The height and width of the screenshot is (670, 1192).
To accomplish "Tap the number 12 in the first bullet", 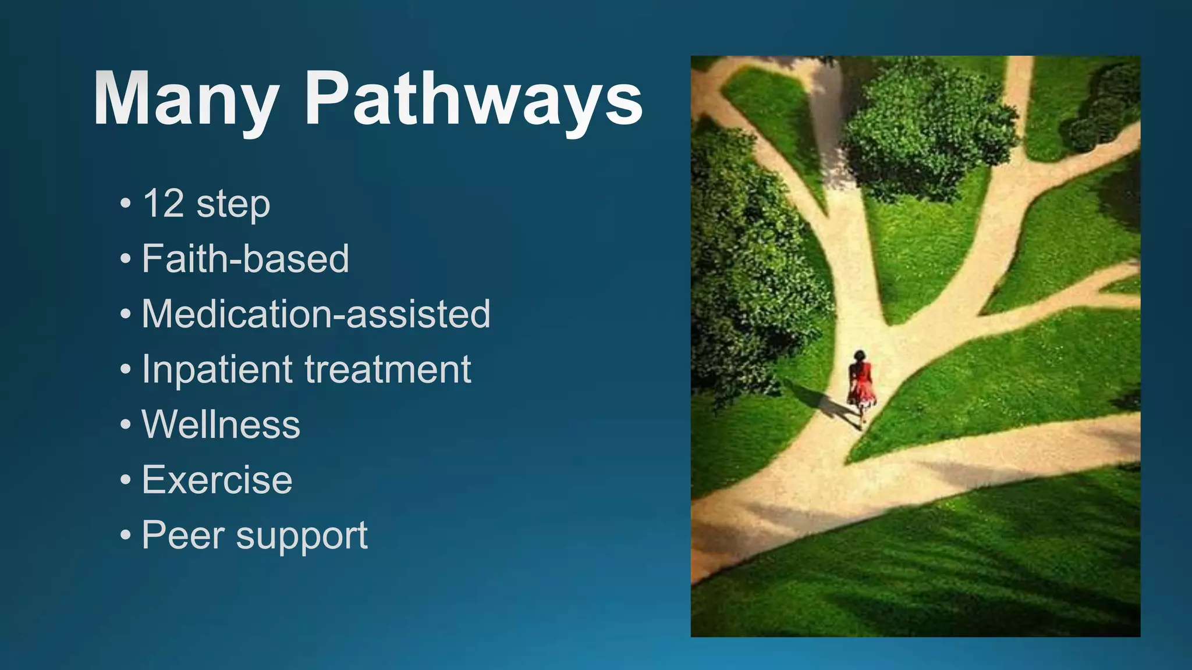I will click(x=164, y=204).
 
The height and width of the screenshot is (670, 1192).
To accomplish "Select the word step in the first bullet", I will click(x=233, y=205).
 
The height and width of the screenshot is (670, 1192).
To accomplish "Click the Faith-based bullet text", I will click(x=245, y=259).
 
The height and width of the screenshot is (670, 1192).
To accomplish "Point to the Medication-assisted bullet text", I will click(x=316, y=314).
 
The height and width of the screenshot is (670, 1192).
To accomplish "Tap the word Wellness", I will click(x=221, y=424).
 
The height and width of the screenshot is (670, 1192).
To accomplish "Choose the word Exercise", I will click(x=217, y=480).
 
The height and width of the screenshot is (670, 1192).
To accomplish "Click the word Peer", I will click(x=183, y=534).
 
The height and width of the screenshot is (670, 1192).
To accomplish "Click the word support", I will click(x=301, y=536).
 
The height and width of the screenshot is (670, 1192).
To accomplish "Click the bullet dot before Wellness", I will click(x=126, y=425).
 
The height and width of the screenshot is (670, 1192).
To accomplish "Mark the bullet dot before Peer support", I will click(x=126, y=535).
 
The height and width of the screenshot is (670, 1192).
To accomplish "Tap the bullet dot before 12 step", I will click(x=126, y=204).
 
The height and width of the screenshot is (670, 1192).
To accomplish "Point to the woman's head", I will click(x=858, y=355).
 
